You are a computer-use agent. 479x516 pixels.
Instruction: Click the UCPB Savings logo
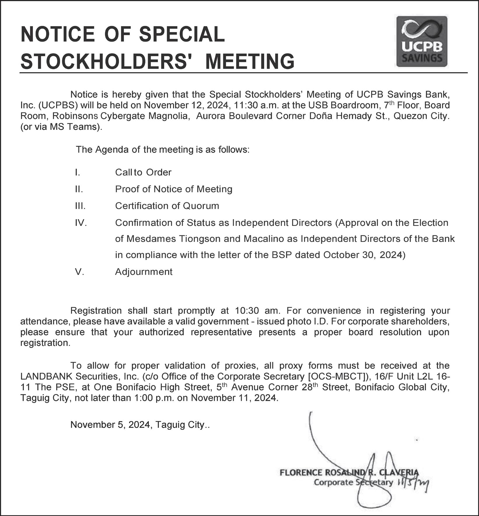(422, 41)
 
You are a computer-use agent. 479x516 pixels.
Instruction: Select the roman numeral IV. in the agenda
(81, 223)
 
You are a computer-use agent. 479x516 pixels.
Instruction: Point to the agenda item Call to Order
(143, 172)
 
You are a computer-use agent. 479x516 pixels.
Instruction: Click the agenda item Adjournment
(144, 272)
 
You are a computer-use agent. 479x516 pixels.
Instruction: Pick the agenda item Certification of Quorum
(167, 206)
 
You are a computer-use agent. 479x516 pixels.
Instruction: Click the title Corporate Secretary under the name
(353, 482)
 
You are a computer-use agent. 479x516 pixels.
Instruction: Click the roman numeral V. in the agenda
(79, 272)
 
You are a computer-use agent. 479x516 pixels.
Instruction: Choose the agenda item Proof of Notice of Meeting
(174, 189)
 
